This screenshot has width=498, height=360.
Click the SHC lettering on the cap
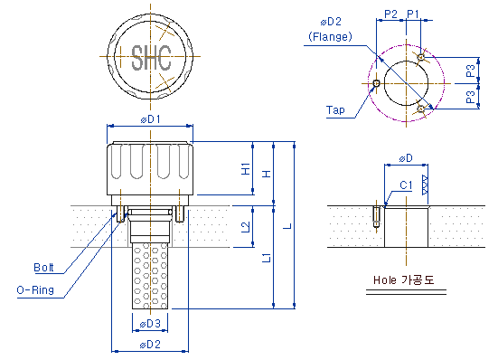tap(151, 58)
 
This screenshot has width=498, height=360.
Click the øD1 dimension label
tap(150, 119)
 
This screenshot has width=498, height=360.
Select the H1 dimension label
tap(246, 169)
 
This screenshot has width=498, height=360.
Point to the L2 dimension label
tap(246, 226)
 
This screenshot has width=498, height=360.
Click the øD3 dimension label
tap(150, 324)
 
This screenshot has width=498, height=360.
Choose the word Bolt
tap(43, 268)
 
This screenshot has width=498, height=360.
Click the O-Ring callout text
tap(35, 290)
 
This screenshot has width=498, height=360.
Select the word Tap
tap(335, 110)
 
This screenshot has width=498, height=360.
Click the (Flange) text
tap(330, 36)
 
